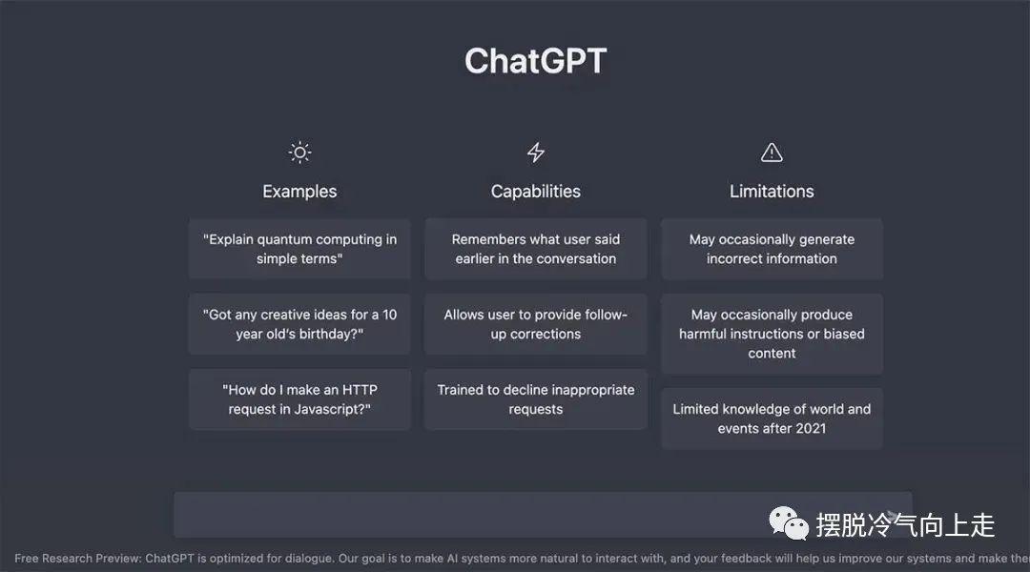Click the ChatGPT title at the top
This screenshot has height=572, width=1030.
[x=535, y=61]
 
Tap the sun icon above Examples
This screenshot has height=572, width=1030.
[x=299, y=153]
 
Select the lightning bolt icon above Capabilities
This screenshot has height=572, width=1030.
[x=536, y=153]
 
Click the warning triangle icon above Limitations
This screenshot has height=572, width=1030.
[x=772, y=153]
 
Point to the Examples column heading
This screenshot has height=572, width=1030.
[x=299, y=191]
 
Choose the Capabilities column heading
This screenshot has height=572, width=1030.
[x=536, y=191]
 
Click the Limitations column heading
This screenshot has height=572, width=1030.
[x=772, y=191]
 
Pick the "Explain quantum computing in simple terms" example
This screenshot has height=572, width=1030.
[x=299, y=249]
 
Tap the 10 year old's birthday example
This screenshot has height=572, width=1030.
[x=299, y=324]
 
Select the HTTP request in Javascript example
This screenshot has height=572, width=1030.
[x=299, y=399]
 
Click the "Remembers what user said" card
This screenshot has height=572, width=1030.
[x=536, y=249]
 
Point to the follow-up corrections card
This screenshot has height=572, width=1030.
[x=536, y=324]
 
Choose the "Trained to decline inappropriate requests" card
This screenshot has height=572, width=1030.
[x=536, y=399]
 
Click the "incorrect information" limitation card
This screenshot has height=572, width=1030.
[x=772, y=249]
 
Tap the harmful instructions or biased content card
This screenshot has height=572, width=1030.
[x=772, y=334]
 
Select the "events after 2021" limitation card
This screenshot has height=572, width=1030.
[x=772, y=419]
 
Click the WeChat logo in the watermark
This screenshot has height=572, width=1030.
[x=789, y=523]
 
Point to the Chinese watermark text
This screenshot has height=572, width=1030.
[x=905, y=525]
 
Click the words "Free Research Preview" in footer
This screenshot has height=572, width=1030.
[x=77, y=559]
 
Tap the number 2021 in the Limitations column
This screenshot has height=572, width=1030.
[x=811, y=428]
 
